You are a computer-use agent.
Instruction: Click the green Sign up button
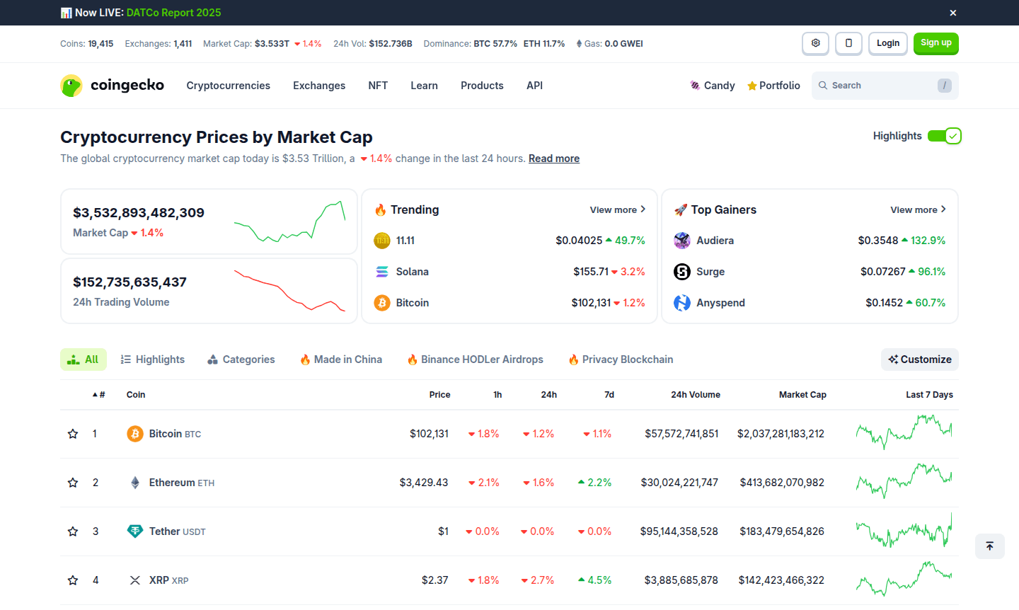(x=935, y=43)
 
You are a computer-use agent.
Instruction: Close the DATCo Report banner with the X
(x=953, y=13)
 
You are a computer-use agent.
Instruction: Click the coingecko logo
(x=113, y=86)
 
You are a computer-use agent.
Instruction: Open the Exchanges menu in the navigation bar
(x=319, y=86)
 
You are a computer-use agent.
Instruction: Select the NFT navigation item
(x=378, y=86)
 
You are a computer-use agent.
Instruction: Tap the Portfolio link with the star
(x=773, y=86)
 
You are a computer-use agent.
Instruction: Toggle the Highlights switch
(x=944, y=136)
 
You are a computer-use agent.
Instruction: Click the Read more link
(x=553, y=159)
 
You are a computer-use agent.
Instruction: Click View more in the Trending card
(x=617, y=209)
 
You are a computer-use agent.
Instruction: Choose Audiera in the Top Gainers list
(x=715, y=241)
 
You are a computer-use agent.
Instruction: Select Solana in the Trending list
(x=412, y=272)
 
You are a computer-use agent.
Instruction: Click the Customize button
(x=920, y=359)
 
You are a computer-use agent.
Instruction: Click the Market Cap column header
(x=802, y=395)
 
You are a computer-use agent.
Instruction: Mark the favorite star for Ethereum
(x=73, y=483)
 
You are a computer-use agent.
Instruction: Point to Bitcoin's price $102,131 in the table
(x=429, y=434)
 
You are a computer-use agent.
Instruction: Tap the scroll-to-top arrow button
(x=989, y=546)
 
